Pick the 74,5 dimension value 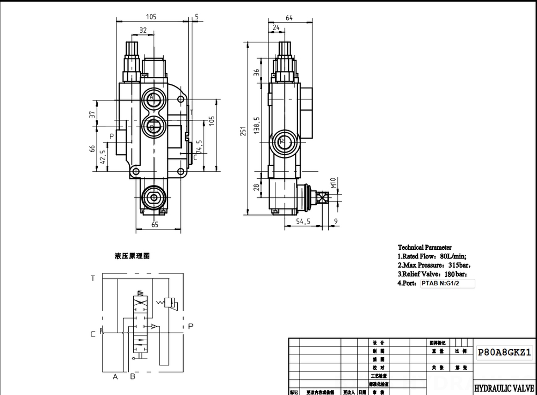199,147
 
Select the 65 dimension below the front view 155,225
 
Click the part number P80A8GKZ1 504,353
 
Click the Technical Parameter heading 424,247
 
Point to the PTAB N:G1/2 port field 447,284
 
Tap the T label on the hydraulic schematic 93,278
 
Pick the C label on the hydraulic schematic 93,334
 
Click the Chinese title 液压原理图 132,256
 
